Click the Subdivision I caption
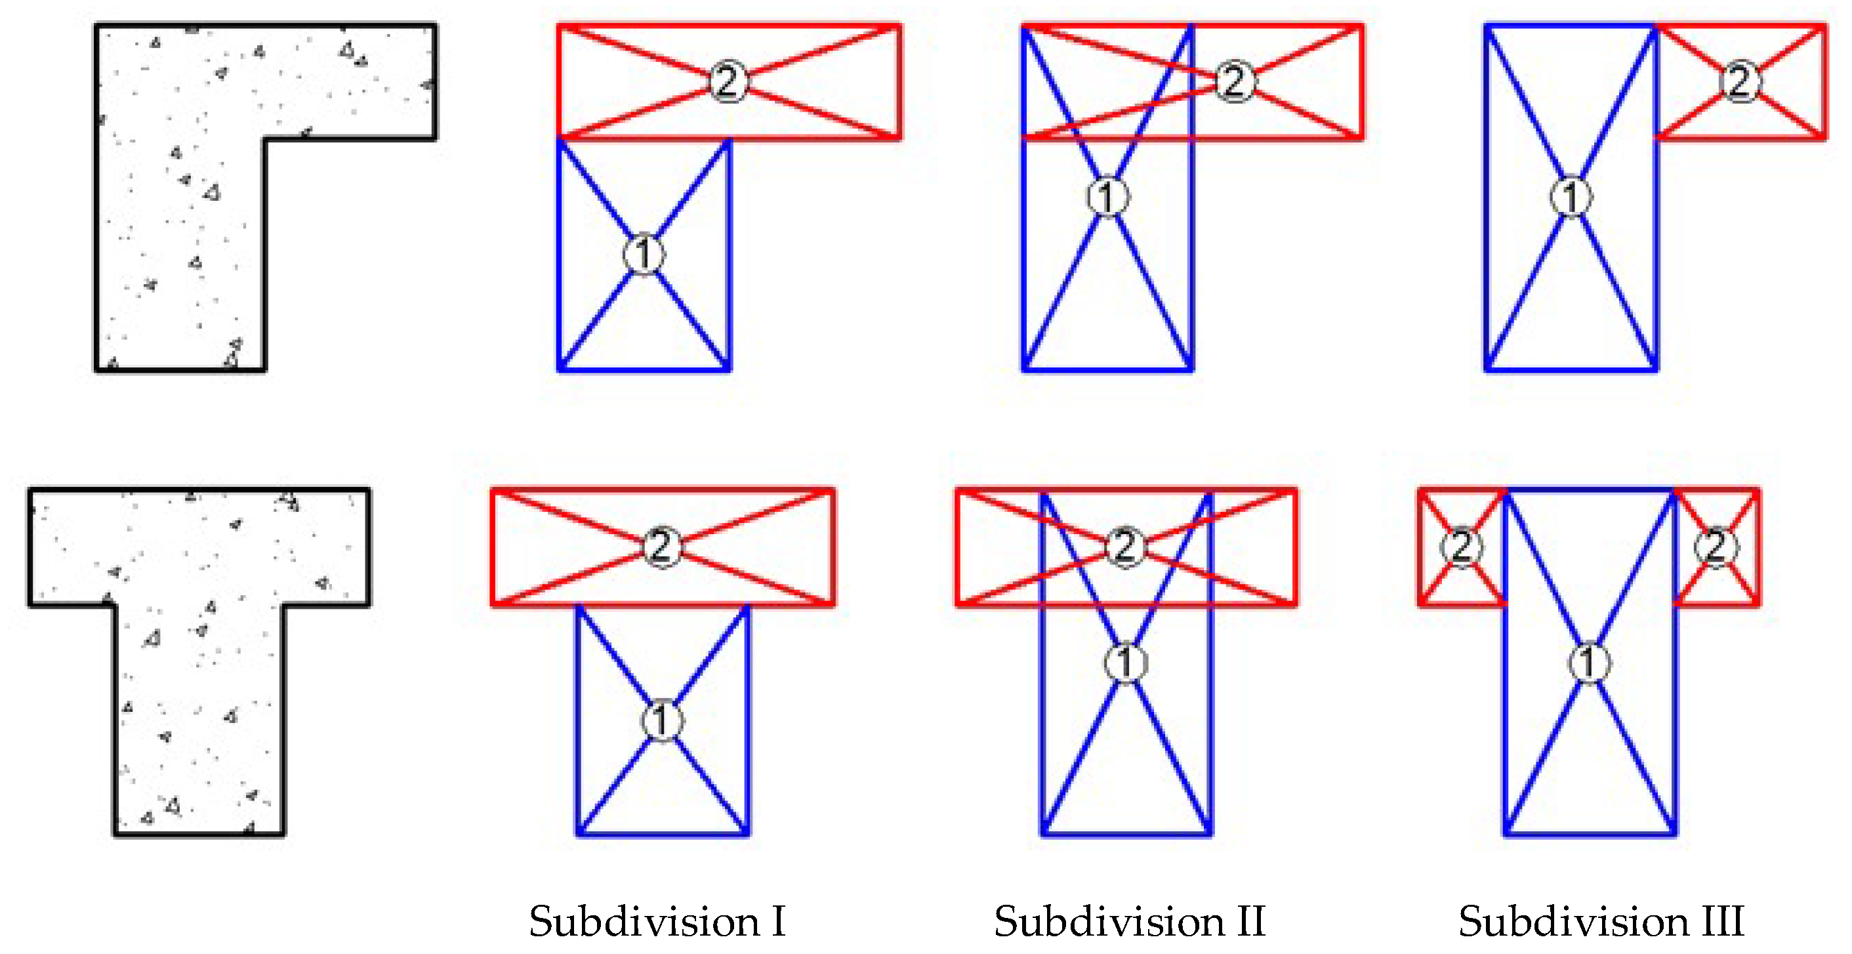point(657,921)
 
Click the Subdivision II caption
point(1129,921)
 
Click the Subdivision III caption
point(1601,921)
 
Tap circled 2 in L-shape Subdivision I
point(728,81)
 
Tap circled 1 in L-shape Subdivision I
point(644,254)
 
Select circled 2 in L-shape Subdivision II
point(1235,81)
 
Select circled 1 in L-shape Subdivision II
point(1107,196)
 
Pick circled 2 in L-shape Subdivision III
point(1740,81)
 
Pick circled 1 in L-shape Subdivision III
point(1571,196)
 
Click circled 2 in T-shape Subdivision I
point(661,547)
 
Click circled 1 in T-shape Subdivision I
point(661,720)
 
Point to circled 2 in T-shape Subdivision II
point(1125,547)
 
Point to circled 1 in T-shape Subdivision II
point(1126,661)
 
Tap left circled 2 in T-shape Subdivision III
point(1462,547)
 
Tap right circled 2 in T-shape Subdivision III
point(1716,547)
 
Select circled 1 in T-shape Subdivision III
point(1590,661)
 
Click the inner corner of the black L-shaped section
point(264,138)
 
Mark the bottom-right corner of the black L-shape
point(264,369)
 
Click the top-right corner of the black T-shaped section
point(369,490)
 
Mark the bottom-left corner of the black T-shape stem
point(115,835)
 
